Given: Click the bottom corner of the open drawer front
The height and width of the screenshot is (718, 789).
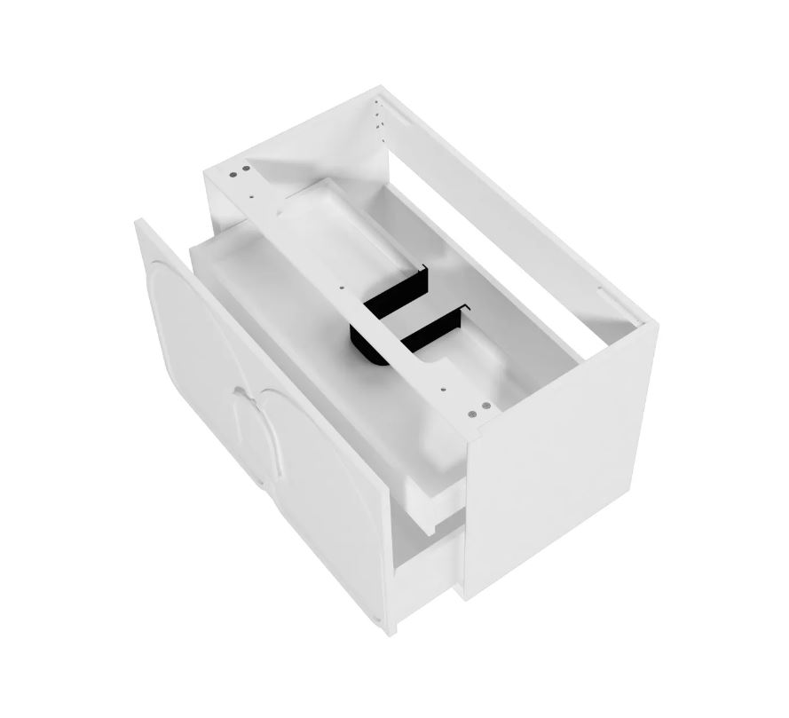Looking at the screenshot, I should (390, 627).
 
